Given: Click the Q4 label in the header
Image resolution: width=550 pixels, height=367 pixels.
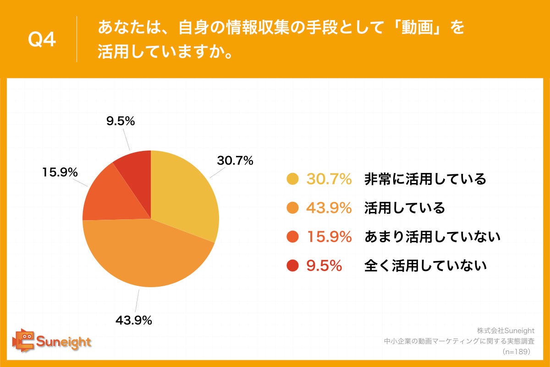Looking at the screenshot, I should [42, 40].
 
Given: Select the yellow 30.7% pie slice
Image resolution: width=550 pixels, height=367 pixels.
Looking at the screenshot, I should [183, 193].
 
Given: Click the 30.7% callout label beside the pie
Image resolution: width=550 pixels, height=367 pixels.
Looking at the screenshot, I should [235, 161].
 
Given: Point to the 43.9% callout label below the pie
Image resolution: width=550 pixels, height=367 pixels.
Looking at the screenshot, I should [133, 321].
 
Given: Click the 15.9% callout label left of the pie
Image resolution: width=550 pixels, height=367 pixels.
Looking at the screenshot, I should [60, 172].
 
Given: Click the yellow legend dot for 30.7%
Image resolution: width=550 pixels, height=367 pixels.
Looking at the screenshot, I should [292, 179].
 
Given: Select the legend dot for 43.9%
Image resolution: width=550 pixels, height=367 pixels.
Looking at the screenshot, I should [292, 208].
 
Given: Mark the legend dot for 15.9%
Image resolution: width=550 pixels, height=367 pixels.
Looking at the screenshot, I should [292, 237].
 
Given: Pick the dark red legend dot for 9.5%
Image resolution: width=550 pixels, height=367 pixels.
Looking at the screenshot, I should [292, 266].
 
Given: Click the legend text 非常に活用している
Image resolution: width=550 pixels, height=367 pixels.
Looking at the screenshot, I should [425, 179].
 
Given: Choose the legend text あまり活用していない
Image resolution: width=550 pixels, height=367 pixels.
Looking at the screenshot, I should [432, 237].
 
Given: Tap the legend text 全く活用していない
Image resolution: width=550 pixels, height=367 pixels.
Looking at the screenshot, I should [425, 266].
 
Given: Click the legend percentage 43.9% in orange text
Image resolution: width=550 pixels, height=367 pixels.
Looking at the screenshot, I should [329, 208].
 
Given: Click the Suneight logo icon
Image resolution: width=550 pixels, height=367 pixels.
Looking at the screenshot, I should [23, 340].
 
